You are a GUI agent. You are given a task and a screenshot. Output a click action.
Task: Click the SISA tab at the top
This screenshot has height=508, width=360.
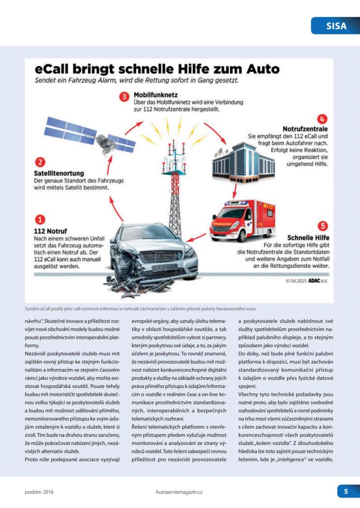point(335,25)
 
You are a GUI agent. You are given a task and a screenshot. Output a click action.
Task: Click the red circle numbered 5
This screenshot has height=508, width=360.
point(323,226)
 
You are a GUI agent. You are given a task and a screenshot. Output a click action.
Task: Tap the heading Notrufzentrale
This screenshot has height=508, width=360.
point(305,128)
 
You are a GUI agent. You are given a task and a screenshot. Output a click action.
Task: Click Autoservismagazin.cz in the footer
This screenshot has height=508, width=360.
point(179,492)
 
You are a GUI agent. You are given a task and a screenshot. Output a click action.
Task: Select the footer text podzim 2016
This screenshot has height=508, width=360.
point(39,492)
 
